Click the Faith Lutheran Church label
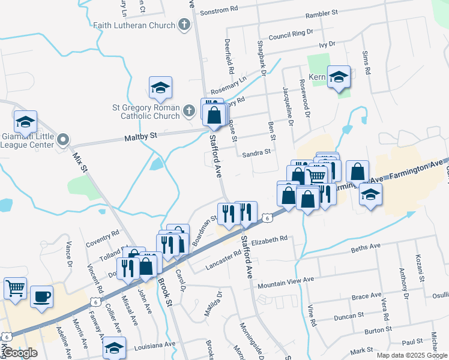pos(134,25)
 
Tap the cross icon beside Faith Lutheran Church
pos(184,25)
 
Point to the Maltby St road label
pos(140,136)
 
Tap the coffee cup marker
pos(41,296)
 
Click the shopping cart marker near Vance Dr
pos(14,287)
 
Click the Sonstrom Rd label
pos(219,11)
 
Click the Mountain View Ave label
pos(286,280)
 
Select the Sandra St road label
pos(257,154)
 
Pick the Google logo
pos(19,353)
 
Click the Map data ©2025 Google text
pos(411,355)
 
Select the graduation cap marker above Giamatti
pos(25,121)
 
